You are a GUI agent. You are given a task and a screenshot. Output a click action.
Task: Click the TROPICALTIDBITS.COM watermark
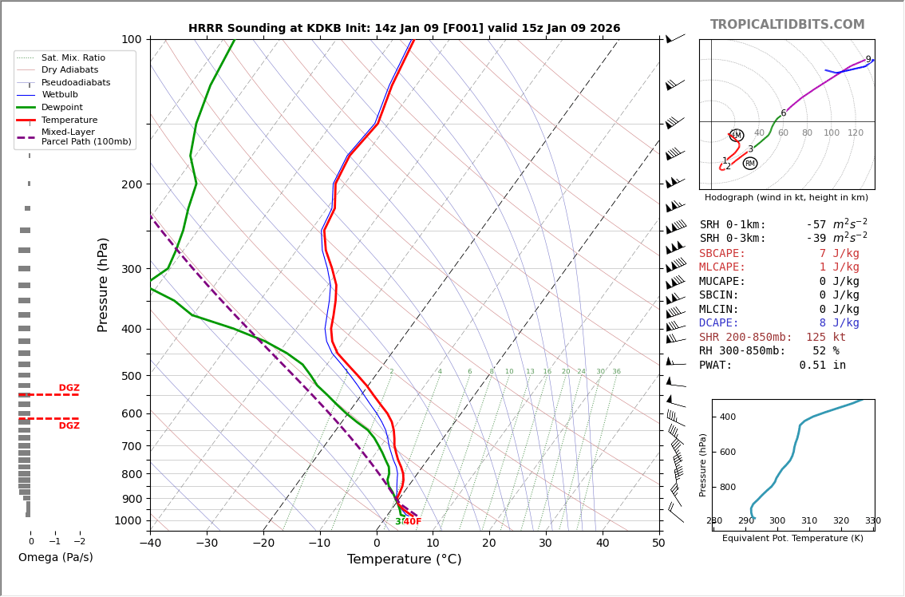[787, 25]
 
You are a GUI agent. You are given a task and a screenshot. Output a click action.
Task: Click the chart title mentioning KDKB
[404, 28]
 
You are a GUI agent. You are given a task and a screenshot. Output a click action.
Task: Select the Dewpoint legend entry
[62, 108]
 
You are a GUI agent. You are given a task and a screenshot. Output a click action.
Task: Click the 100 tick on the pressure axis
[131, 39]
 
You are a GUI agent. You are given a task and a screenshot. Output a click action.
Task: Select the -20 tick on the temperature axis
[263, 544]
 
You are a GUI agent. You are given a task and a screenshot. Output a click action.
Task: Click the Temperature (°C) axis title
[404, 559]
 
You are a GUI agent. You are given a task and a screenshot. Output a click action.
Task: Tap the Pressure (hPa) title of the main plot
[103, 284]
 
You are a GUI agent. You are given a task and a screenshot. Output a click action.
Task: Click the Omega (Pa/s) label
[55, 557]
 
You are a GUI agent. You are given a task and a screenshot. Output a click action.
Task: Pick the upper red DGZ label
[69, 388]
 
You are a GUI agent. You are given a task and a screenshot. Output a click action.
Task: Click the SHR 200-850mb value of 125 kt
[825, 338]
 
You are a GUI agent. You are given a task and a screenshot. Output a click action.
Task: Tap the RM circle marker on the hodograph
[750, 164]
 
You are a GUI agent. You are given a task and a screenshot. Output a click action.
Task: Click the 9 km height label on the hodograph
[868, 60]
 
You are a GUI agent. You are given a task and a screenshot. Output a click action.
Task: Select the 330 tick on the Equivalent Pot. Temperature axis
[873, 521]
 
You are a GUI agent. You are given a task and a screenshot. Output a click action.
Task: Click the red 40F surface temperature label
[412, 522]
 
